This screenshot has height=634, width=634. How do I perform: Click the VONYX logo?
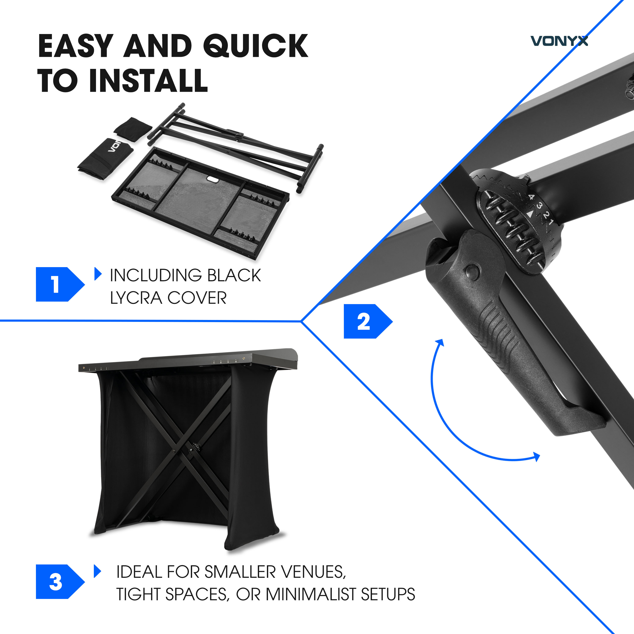click(x=559, y=41)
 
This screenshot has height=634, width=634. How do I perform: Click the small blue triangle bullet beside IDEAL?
click(x=97, y=571)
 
